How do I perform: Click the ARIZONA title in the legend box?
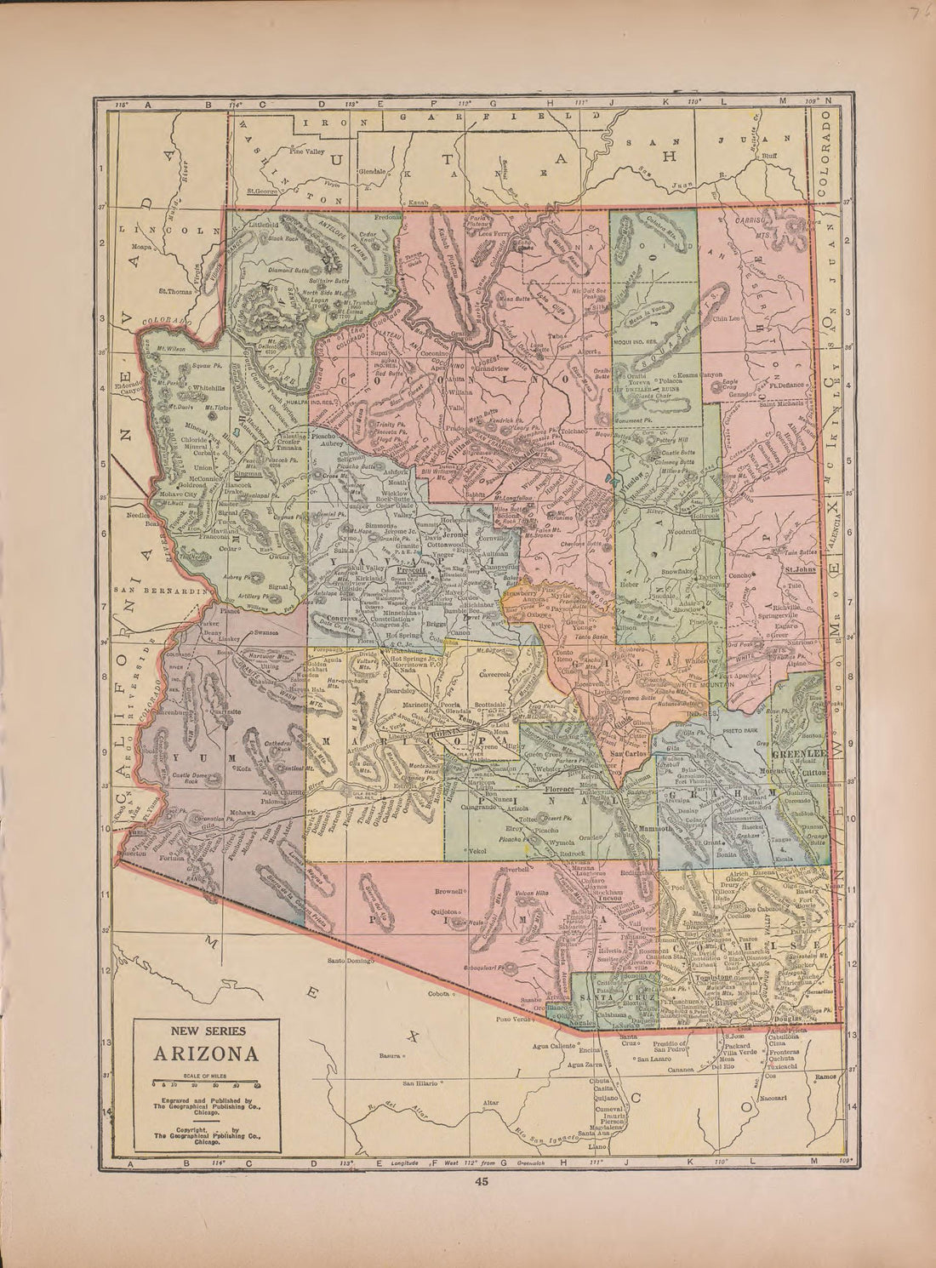click(x=207, y=1053)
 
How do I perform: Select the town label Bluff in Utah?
click(x=773, y=156)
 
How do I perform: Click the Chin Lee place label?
click(x=728, y=318)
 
